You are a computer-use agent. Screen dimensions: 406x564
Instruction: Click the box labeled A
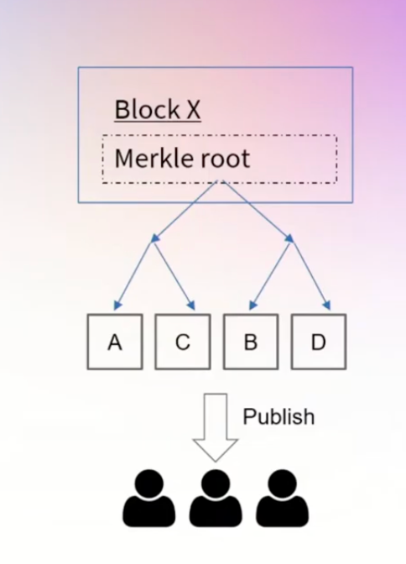point(115,342)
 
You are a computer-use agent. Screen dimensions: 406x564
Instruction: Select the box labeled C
point(183,342)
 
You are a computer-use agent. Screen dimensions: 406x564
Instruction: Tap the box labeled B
point(251,342)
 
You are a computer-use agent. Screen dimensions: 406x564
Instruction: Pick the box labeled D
point(319,342)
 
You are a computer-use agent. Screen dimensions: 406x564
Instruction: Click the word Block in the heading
point(147,109)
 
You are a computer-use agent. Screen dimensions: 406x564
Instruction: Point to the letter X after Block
point(194,110)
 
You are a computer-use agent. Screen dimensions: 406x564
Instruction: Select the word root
point(225,159)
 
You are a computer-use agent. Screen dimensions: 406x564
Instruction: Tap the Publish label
point(278,417)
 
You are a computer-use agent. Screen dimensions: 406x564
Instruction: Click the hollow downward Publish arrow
point(216,427)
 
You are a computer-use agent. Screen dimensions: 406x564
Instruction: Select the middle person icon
point(216,499)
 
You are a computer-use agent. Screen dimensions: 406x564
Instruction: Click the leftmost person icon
point(148,499)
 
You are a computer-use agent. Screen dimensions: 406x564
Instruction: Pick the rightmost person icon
point(282,499)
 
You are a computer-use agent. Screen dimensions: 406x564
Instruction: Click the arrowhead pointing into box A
point(117,305)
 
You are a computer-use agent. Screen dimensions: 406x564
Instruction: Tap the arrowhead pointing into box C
point(191,305)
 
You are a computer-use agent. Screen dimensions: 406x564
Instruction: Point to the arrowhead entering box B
point(252,305)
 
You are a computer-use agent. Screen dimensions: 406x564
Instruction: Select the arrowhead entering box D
point(327,305)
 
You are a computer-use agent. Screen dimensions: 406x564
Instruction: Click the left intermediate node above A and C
point(154,239)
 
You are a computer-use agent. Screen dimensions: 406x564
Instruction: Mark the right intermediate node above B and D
point(290,238)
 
